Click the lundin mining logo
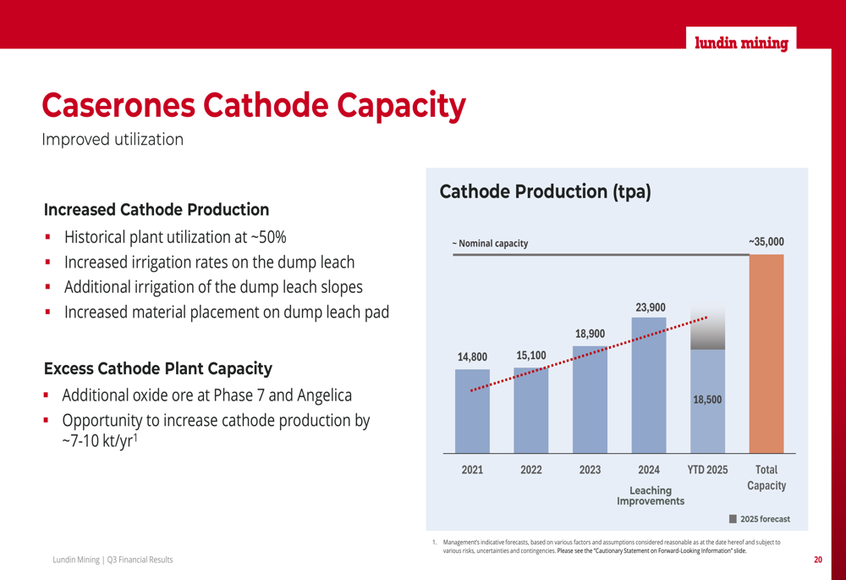click(x=741, y=43)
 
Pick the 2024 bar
click(x=649, y=385)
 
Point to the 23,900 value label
click(x=651, y=307)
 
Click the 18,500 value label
click(x=707, y=400)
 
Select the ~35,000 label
click(x=766, y=242)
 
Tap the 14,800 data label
click(x=472, y=356)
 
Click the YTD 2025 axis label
click(x=707, y=469)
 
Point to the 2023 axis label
click(x=590, y=469)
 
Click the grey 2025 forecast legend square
click(x=733, y=518)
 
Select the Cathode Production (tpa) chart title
click(x=545, y=191)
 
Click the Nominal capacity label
click(x=492, y=244)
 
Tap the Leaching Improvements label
click(x=650, y=495)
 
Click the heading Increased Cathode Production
click(x=157, y=209)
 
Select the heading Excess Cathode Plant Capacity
click(x=158, y=368)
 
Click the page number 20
click(x=818, y=560)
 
